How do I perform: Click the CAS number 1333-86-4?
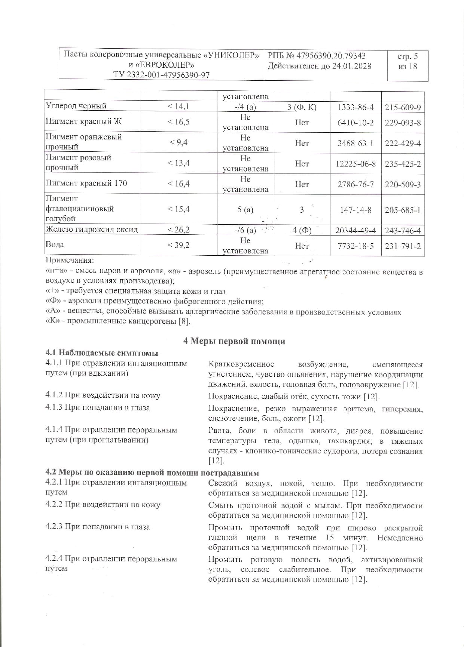point(355,108)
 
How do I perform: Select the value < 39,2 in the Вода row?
point(178,245)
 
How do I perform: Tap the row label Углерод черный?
point(76,106)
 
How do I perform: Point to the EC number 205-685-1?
point(403,210)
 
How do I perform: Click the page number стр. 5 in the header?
point(407,56)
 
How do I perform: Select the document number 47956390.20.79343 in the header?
point(331,56)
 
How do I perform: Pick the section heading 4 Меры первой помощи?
point(234,341)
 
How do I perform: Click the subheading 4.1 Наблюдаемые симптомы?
point(102,353)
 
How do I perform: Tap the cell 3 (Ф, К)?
point(302,108)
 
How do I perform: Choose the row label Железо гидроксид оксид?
point(92,230)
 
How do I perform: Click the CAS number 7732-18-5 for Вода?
point(355,246)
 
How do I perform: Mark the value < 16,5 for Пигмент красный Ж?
point(178,122)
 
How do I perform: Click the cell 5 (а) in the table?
point(245,210)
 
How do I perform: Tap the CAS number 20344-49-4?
point(355,231)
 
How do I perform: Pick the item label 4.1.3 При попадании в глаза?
point(98,408)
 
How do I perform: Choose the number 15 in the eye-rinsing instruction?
point(330,538)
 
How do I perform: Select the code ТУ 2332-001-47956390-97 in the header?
point(161,75)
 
